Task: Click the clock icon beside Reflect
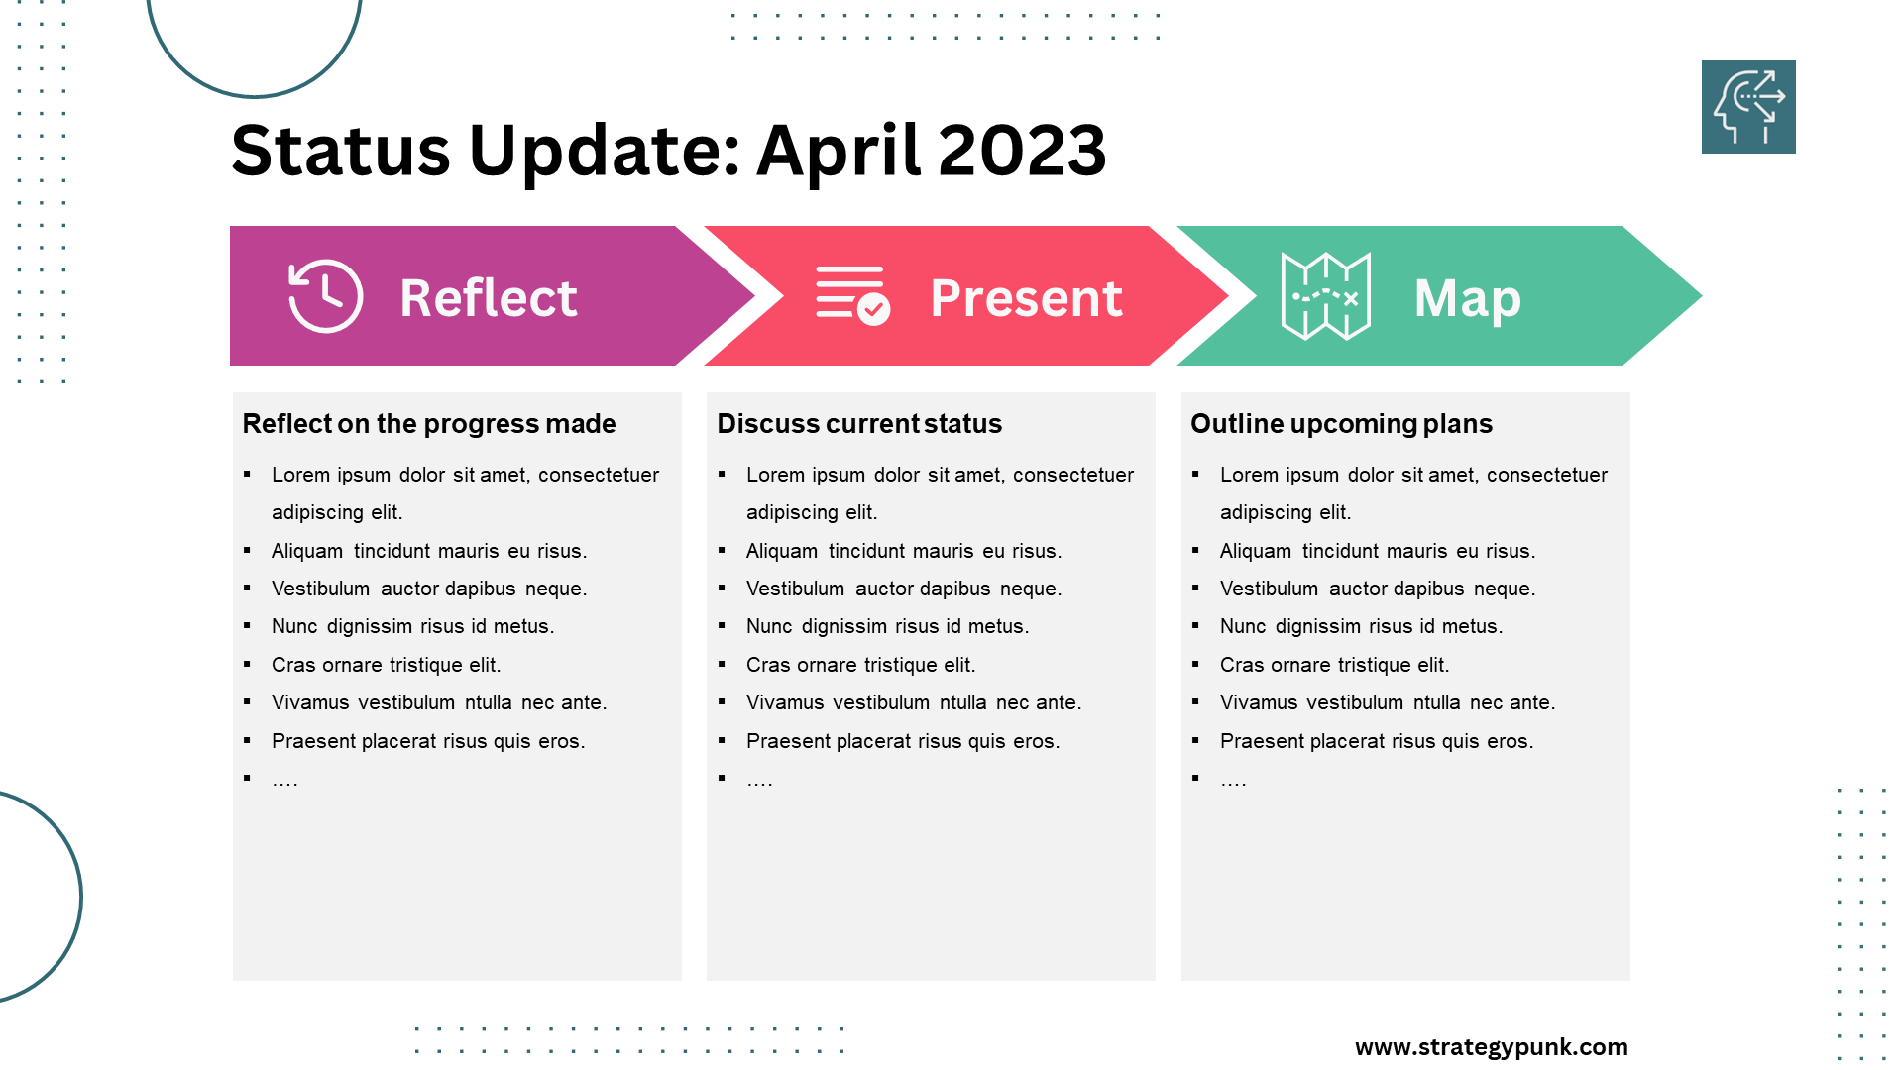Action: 325,296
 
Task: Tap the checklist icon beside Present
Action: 852,295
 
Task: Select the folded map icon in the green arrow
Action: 1326,296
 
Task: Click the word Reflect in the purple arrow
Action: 489,298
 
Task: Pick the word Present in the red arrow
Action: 1027,298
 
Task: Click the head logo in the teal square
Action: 1749,107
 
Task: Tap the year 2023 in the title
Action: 1022,151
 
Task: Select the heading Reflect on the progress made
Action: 429,424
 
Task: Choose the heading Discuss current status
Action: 859,424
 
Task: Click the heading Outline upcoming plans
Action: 1341,424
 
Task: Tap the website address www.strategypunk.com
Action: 1492,1047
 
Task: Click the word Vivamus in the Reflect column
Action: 310,702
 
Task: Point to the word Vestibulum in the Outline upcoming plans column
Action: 1269,588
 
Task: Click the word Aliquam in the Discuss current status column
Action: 782,551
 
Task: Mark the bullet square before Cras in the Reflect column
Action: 247,664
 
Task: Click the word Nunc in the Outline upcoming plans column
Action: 1243,626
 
